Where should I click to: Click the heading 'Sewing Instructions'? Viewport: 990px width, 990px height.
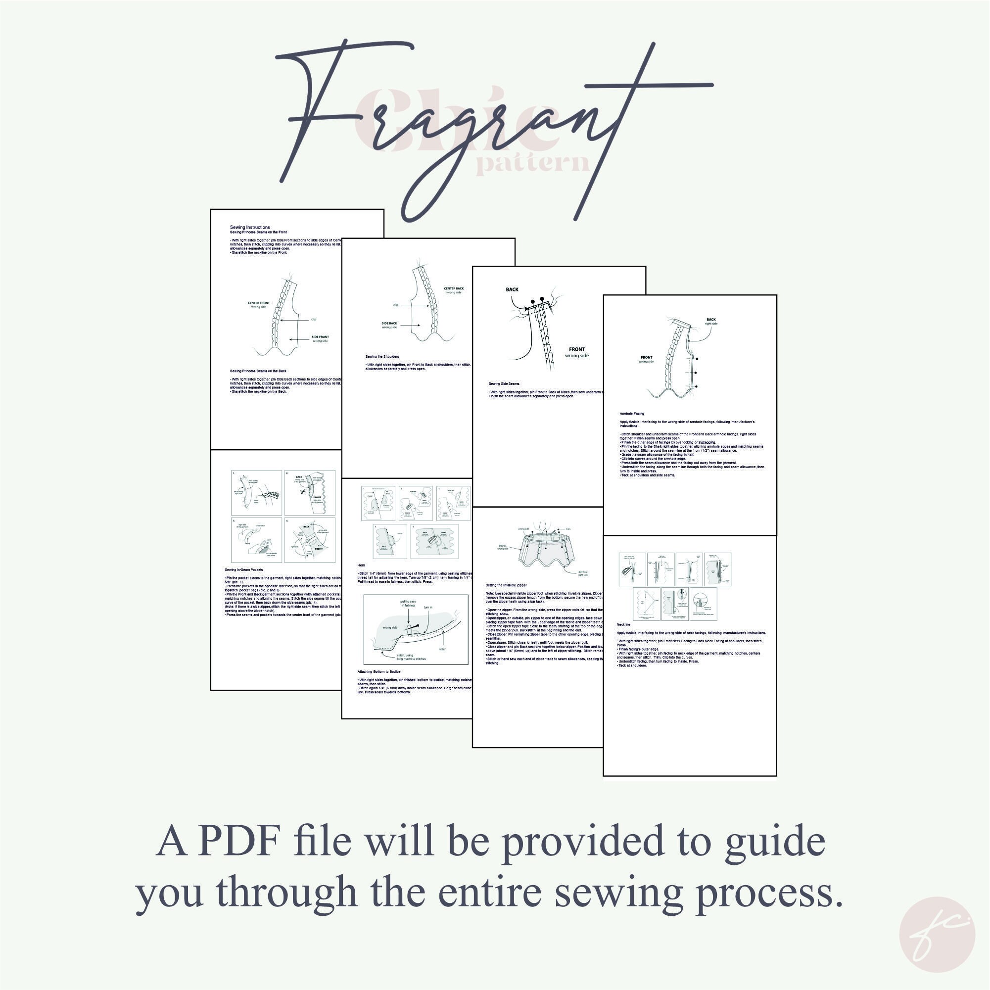click(249, 227)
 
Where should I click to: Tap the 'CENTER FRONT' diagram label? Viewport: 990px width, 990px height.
click(259, 303)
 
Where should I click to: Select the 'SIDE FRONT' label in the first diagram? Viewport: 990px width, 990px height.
click(320, 337)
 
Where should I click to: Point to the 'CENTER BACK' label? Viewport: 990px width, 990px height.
click(454, 288)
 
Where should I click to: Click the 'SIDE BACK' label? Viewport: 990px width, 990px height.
click(389, 324)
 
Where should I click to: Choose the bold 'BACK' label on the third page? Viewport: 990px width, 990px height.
click(512, 289)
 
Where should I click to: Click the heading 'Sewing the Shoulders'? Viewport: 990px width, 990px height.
click(382, 356)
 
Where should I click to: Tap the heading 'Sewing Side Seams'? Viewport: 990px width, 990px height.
click(504, 384)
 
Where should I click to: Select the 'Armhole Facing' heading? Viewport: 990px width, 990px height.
click(632, 414)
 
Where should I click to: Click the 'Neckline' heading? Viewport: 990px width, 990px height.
click(623, 625)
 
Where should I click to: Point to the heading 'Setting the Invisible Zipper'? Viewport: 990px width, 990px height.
click(506, 585)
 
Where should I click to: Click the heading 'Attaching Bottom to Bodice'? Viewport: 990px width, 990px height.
click(378, 671)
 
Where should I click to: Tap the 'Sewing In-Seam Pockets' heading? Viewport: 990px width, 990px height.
click(243, 570)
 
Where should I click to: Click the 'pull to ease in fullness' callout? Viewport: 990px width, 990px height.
click(408, 603)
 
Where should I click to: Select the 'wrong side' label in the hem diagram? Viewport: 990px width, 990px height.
click(390, 628)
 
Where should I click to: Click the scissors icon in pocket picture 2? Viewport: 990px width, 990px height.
click(303, 491)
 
